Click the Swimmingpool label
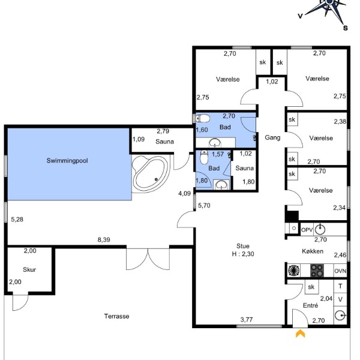click(67, 160)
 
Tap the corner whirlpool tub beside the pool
click(151, 173)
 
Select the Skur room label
click(29, 269)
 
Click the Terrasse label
click(116, 316)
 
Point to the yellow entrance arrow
click(301, 334)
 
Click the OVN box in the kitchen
click(340, 271)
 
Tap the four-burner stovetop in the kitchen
click(317, 271)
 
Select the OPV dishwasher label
click(307, 230)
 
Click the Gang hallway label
click(272, 137)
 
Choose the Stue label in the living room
click(243, 246)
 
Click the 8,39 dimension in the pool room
click(104, 239)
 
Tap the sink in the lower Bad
click(221, 185)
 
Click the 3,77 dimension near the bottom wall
click(247, 320)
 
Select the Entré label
click(310, 305)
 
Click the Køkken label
click(313, 251)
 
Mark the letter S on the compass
click(346, 28)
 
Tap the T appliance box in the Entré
click(340, 286)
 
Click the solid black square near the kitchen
click(292, 217)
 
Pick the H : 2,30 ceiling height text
click(243, 254)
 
